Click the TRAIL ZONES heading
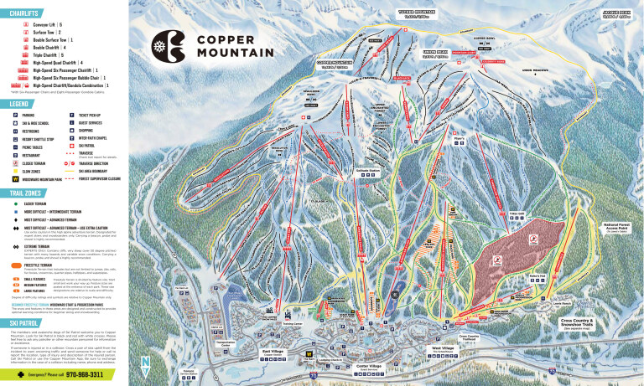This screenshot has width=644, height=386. tap(31, 193)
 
